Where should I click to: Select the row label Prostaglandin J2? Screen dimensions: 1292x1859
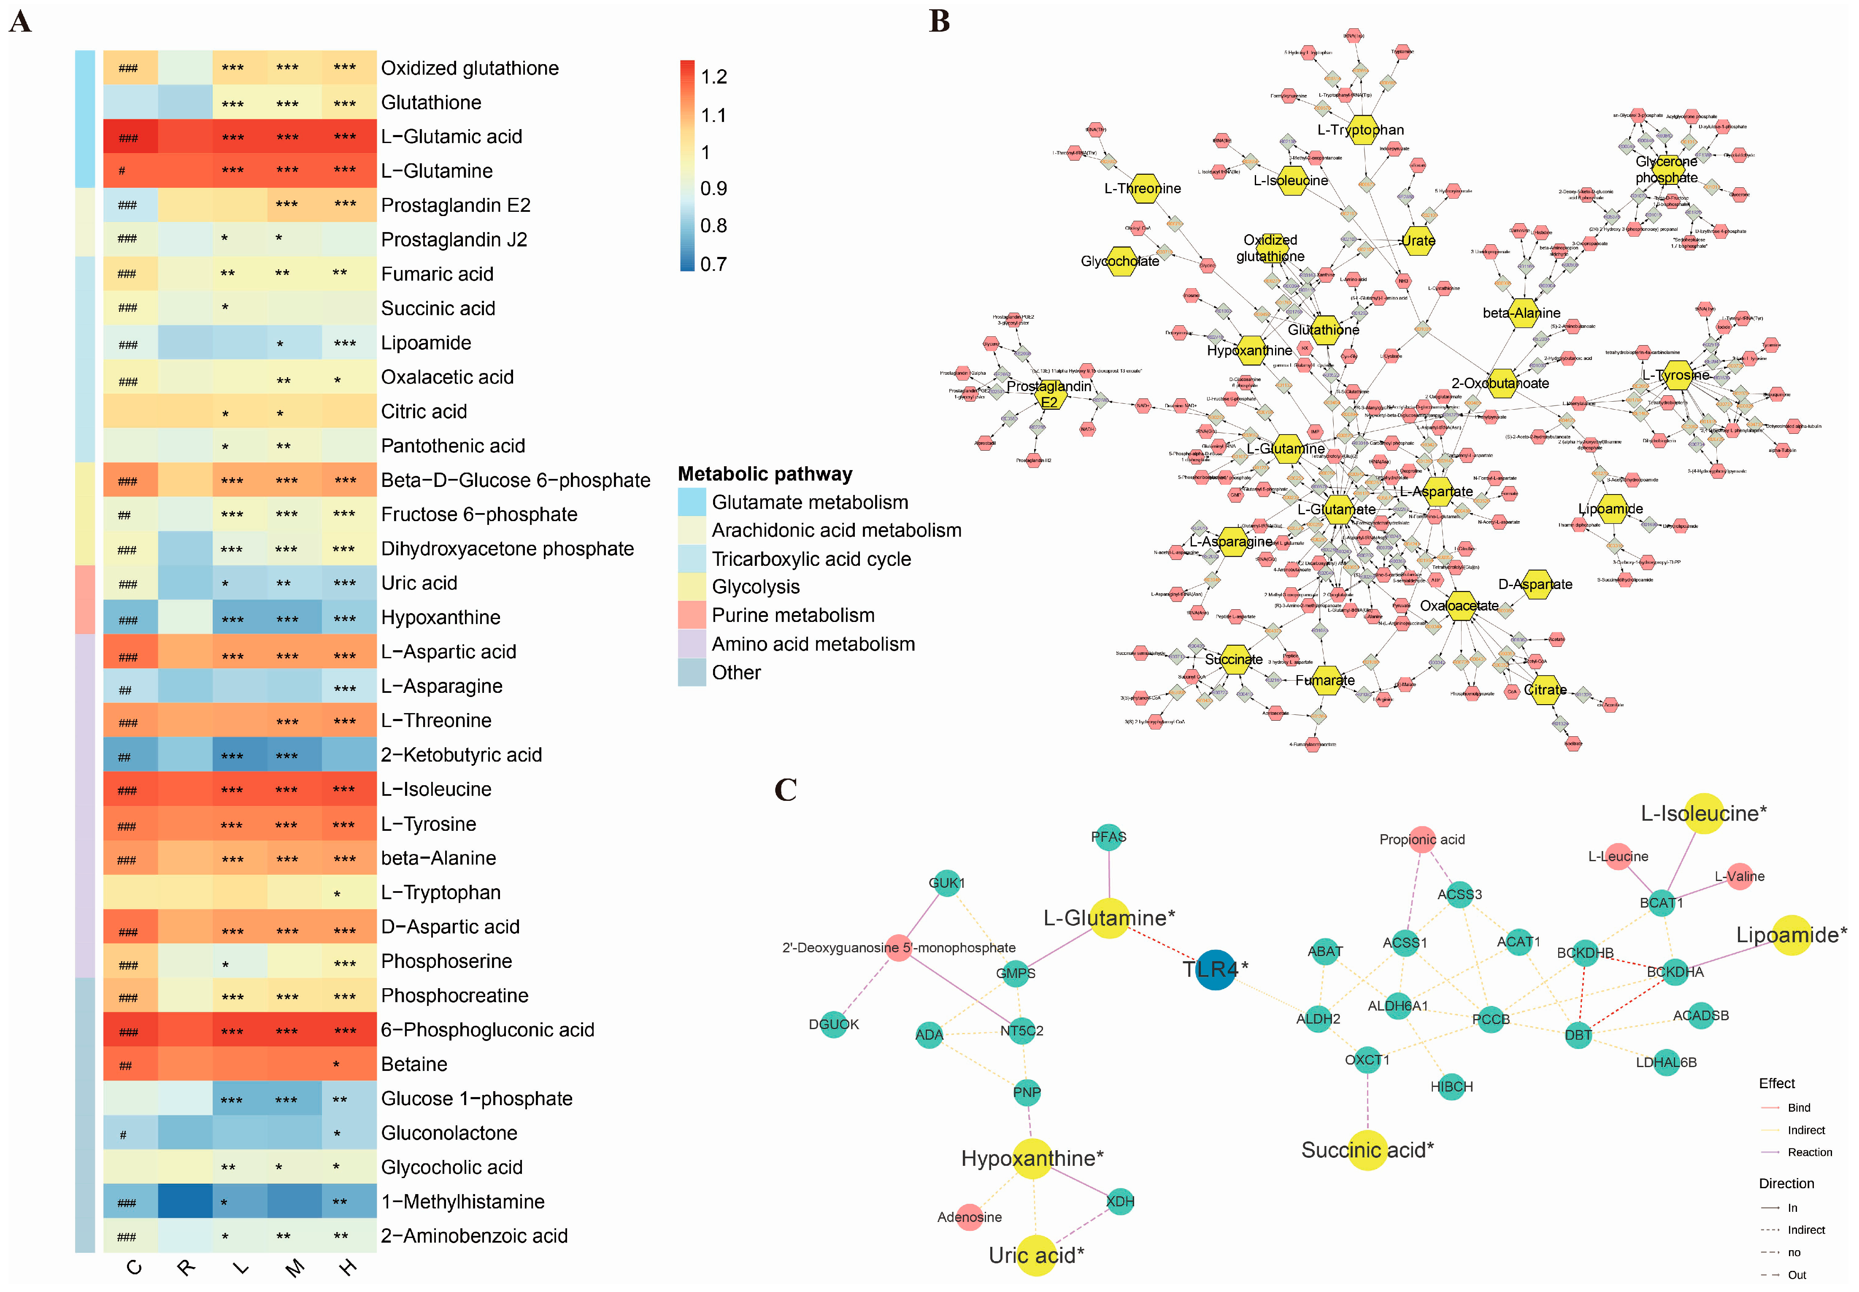pyautogui.click(x=454, y=240)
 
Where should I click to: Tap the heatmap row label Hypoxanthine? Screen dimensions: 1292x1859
pyautogui.click(x=440, y=618)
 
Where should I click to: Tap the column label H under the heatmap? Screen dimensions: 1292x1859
pyautogui.click(x=348, y=1268)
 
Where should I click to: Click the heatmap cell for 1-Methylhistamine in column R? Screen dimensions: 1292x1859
pyautogui.click(x=185, y=1201)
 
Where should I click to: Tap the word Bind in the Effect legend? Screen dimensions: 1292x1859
pyautogui.click(x=1798, y=1108)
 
